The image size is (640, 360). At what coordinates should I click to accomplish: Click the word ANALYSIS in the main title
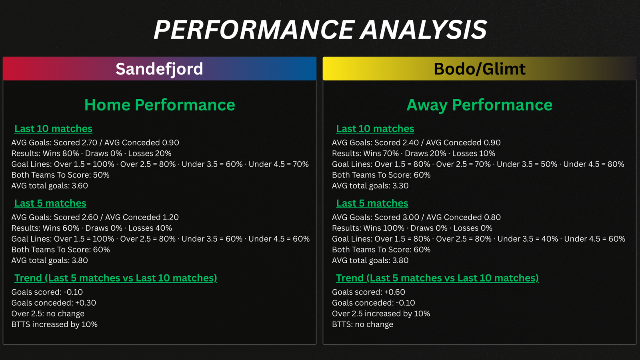click(423, 30)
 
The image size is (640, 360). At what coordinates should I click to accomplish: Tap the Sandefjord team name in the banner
click(160, 69)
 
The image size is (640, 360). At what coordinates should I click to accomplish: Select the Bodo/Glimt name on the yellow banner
click(480, 69)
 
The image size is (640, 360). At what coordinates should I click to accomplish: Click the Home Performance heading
click(160, 105)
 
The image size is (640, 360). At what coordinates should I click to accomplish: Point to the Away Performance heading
click(480, 105)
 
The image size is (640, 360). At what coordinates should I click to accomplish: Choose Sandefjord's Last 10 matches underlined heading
click(54, 128)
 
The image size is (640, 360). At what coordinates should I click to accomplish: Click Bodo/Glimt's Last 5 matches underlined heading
click(372, 203)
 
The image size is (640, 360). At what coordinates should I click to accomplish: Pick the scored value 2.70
click(90, 142)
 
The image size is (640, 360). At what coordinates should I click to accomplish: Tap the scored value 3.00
click(411, 217)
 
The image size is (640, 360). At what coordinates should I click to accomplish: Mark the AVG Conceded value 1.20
click(170, 217)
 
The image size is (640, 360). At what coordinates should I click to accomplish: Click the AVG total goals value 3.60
click(80, 186)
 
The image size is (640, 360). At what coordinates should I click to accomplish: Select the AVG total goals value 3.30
click(400, 186)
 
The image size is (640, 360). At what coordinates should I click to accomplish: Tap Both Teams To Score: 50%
click(60, 175)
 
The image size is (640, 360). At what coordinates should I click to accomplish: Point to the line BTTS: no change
click(362, 324)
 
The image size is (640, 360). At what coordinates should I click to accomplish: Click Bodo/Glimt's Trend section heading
click(437, 278)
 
